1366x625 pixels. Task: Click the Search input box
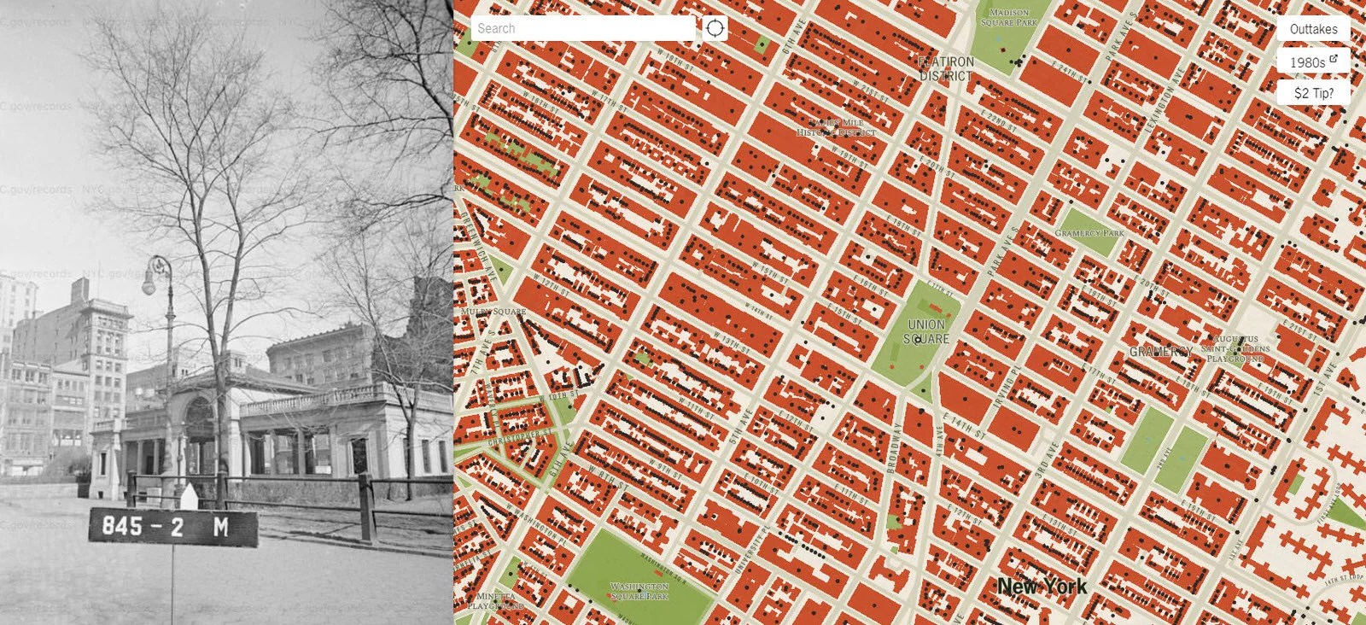pos(583,28)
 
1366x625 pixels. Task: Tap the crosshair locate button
pos(715,28)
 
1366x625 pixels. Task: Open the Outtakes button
pos(1313,29)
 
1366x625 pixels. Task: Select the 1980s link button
pos(1313,61)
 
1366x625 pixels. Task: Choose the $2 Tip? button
pos(1313,92)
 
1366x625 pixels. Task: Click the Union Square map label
pos(926,331)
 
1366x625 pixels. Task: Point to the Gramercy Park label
pos(1089,233)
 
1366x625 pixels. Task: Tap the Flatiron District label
pos(946,69)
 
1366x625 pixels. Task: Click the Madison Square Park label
pos(1009,18)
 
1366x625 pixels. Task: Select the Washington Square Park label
pos(640,591)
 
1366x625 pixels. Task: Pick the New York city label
pos(1042,586)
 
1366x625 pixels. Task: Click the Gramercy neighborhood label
pos(1161,352)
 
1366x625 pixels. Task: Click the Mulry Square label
pos(493,312)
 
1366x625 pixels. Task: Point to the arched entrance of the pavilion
pos(198,418)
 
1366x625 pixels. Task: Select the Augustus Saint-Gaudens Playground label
pos(1235,348)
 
